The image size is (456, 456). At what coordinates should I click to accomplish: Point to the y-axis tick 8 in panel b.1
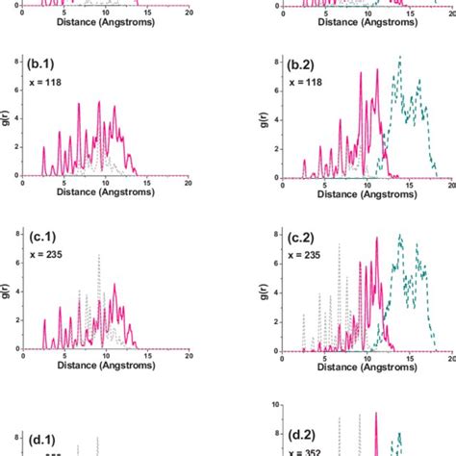(21, 60)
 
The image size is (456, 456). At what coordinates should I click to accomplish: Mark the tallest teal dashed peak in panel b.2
(399, 58)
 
